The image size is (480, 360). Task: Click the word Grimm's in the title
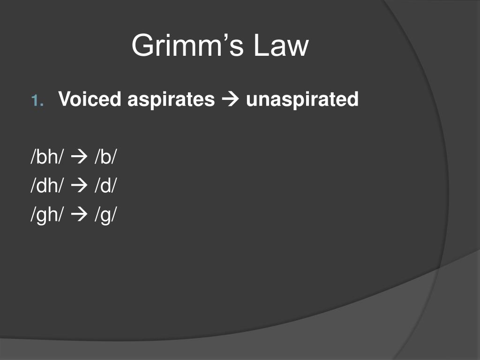click(187, 45)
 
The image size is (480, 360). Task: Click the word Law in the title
click(281, 45)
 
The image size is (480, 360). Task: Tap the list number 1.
click(37, 100)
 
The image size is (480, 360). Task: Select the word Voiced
click(90, 99)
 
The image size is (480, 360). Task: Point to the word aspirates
click(171, 100)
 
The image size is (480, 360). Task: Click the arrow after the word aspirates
click(230, 99)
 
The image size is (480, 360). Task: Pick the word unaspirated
click(302, 100)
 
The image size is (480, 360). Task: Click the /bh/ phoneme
click(47, 157)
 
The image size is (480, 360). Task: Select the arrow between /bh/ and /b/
click(79, 157)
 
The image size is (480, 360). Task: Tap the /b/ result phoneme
click(106, 157)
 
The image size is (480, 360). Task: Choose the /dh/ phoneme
click(47, 185)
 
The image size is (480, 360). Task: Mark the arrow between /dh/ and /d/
click(79, 186)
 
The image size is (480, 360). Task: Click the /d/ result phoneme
click(106, 185)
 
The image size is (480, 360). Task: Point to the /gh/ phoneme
click(47, 214)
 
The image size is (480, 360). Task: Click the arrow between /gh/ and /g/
click(79, 214)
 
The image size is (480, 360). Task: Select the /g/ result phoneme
click(106, 214)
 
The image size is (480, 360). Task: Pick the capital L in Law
click(262, 45)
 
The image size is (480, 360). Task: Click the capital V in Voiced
click(66, 99)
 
